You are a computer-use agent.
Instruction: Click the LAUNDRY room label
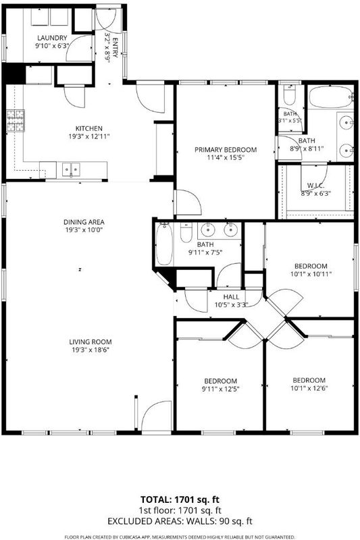tap(52, 38)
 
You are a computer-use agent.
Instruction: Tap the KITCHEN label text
tap(89, 128)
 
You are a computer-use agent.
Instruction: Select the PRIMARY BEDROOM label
tap(226, 150)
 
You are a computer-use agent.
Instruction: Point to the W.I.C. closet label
tap(316, 186)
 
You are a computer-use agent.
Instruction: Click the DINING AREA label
tap(84, 222)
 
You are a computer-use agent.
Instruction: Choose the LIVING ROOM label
tap(91, 342)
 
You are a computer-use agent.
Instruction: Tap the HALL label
tap(231, 297)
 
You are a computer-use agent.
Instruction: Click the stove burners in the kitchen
tap(16, 121)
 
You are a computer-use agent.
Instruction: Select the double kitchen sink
tap(71, 169)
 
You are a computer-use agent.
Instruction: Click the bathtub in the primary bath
tap(330, 97)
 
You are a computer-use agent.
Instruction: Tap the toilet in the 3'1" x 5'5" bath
tap(289, 95)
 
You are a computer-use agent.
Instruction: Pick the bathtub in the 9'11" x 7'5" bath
tap(164, 244)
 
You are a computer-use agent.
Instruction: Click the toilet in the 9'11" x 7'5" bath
tap(186, 233)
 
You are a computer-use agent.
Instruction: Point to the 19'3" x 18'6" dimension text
tap(90, 350)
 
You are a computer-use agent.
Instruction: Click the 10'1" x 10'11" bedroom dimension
tap(311, 275)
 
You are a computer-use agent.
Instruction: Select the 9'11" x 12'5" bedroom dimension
tap(220, 389)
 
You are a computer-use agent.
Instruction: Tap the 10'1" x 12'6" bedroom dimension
tap(309, 389)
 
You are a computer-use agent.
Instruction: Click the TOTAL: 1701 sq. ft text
tap(180, 500)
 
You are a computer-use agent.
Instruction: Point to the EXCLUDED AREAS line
tap(180, 521)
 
